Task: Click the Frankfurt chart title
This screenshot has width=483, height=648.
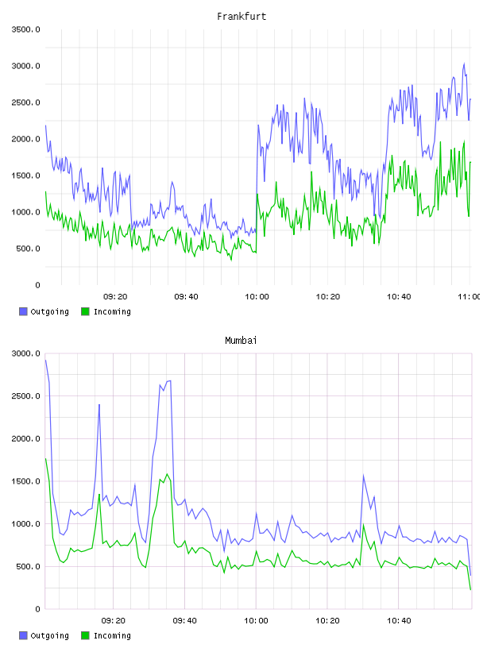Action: pos(241,17)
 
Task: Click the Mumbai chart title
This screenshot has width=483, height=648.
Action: pos(241,341)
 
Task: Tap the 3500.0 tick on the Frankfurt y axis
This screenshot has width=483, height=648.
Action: pos(25,29)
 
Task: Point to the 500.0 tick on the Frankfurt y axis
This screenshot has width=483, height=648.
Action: pos(28,249)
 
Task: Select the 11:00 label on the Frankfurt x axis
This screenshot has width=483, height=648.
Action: pos(469,297)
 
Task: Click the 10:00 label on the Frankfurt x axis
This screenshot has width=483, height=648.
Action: pos(257,297)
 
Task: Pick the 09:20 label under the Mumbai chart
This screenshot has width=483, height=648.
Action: pos(114,621)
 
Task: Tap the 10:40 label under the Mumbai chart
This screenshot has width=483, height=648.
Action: pos(399,621)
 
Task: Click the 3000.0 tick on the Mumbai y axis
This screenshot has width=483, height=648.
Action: pos(25,353)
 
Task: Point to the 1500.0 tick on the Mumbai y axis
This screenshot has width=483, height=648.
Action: pos(25,481)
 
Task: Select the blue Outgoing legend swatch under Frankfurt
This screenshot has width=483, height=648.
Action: pos(23,311)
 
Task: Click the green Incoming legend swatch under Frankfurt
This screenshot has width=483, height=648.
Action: pos(85,311)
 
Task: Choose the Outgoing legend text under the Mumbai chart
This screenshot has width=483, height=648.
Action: pos(49,635)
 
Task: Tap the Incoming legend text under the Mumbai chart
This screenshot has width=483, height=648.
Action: pos(112,635)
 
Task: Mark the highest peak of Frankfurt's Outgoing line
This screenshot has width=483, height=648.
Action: pos(464,64)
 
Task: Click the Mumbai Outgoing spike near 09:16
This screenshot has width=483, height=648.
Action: pos(99,405)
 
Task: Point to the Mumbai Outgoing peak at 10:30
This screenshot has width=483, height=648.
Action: pos(364,475)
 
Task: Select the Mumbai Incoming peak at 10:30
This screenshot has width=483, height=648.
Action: pos(364,525)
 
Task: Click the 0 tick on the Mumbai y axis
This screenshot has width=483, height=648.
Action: pos(37,609)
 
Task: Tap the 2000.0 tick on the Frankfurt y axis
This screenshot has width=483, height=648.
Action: pos(25,139)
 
